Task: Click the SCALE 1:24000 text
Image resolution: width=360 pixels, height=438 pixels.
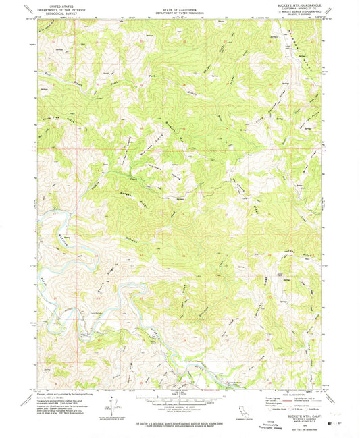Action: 180,395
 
